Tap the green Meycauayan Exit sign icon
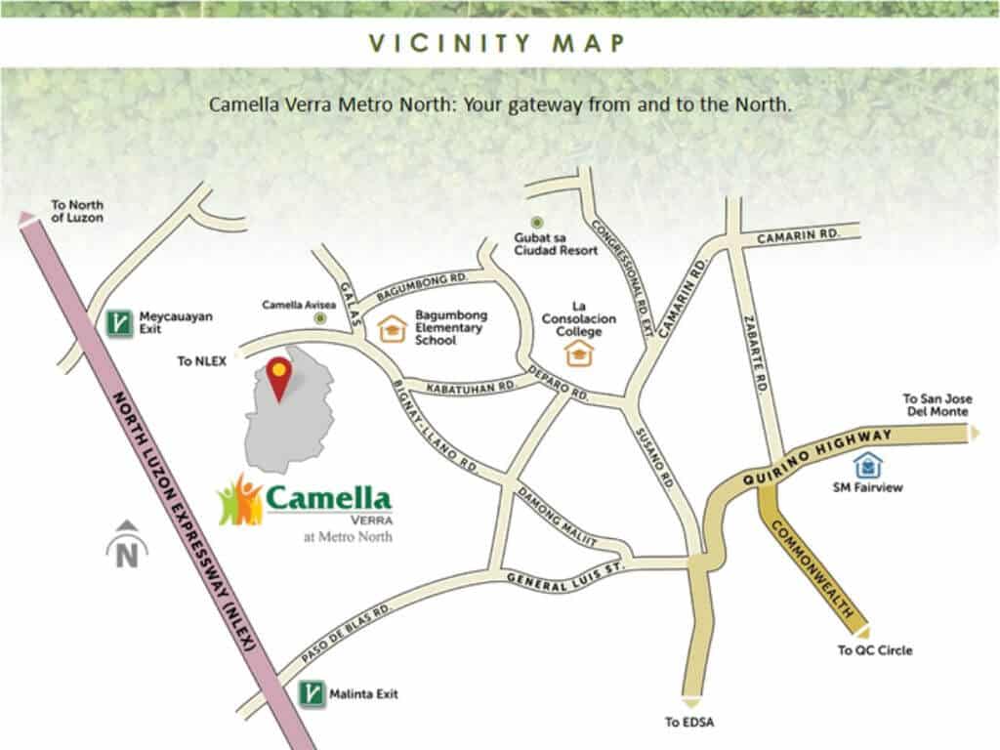[120, 323]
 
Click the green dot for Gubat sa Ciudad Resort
[535, 224]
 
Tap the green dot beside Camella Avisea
[318, 320]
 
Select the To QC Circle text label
[875, 649]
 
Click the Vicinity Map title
[498, 44]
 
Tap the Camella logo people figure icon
[239, 499]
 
